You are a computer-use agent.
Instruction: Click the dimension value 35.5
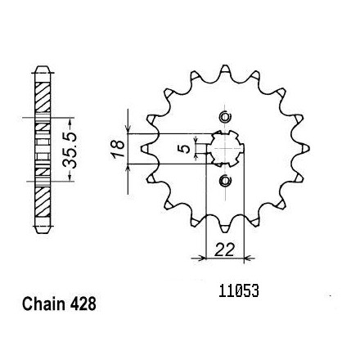(x=70, y=150)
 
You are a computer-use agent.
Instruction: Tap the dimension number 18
(x=118, y=148)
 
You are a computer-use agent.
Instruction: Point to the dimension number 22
(x=224, y=250)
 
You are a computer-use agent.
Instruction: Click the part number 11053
(x=239, y=291)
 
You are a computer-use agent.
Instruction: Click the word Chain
(x=43, y=304)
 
